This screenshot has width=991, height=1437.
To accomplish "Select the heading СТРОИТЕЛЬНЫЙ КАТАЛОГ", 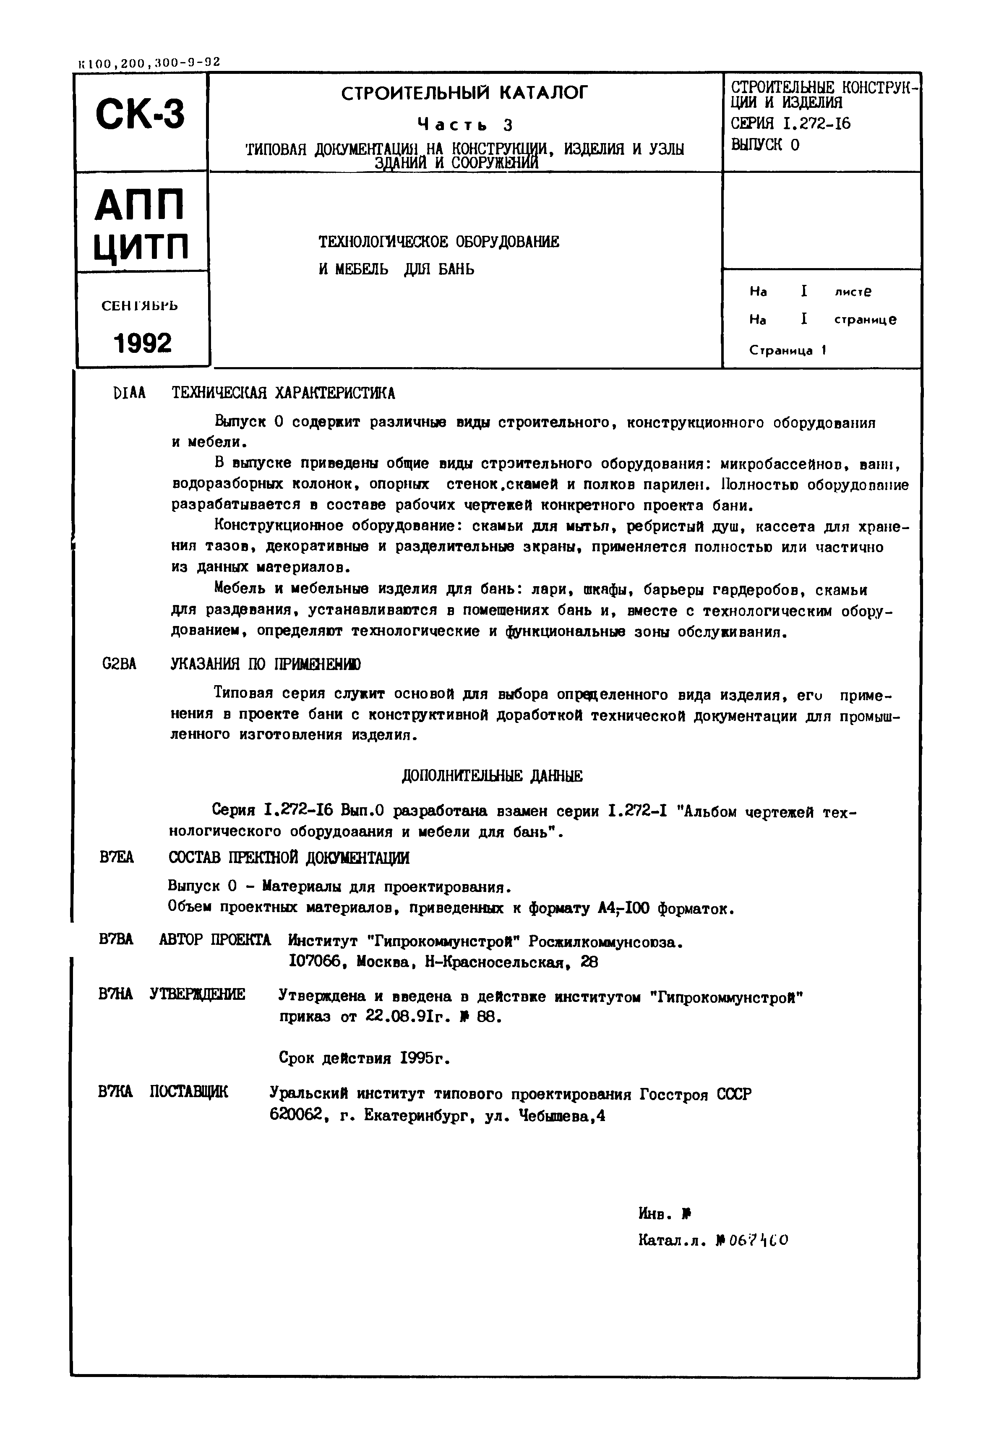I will tap(464, 94).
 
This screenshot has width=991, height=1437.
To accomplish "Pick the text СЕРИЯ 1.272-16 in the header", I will tap(790, 124).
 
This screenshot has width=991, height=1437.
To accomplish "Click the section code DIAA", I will tap(130, 393).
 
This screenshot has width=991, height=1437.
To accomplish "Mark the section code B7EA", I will tap(116, 858).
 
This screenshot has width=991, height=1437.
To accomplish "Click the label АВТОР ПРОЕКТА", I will tap(215, 939).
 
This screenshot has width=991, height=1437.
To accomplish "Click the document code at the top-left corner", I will tap(149, 63).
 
